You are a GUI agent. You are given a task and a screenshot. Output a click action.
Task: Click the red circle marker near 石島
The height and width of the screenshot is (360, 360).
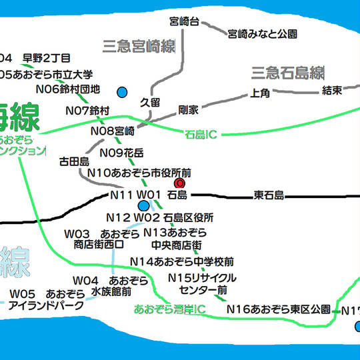(179, 183)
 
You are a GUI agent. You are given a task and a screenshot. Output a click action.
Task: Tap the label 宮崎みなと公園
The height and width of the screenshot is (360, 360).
(262, 33)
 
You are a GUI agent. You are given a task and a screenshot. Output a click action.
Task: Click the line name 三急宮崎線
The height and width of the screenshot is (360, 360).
(139, 46)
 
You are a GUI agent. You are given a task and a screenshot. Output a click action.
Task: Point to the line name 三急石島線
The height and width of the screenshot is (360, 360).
(287, 71)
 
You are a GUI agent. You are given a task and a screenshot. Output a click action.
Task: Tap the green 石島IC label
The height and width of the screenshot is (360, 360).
(200, 135)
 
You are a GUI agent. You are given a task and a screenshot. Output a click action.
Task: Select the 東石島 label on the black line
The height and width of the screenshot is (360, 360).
(269, 195)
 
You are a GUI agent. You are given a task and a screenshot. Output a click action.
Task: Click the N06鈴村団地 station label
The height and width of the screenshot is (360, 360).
(67, 89)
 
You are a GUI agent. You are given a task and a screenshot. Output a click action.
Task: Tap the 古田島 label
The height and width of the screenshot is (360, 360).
(74, 161)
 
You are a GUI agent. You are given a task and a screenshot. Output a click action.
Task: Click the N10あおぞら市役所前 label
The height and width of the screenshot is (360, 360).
(139, 173)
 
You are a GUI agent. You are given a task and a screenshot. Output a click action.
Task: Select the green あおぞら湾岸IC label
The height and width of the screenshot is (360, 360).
(169, 309)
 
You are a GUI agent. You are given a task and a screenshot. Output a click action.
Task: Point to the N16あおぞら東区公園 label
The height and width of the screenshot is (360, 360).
(278, 309)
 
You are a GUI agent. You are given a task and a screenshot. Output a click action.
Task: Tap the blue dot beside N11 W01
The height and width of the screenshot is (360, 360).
(144, 205)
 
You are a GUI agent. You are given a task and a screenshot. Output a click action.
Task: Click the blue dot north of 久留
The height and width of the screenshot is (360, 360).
(122, 91)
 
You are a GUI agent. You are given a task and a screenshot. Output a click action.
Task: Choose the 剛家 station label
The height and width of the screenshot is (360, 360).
(189, 109)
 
